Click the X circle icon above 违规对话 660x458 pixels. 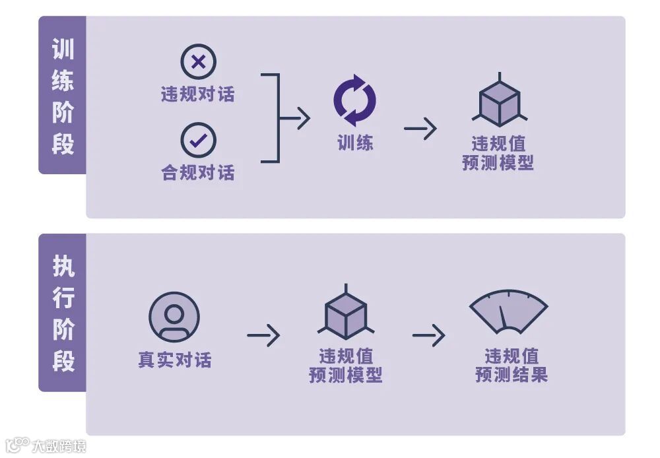pyautogui.click(x=198, y=63)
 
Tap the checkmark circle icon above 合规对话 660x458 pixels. pyautogui.click(x=198, y=140)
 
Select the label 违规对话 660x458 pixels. pyautogui.click(x=198, y=94)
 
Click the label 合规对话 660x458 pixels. pyautogui.click(x=198, y=173)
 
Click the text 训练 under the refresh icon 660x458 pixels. pyautogui.click(x=355, y=143)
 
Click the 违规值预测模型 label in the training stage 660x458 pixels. pyautogui.click(x=498, y=153)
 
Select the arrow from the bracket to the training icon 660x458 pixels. pyautogui.click(x=295, y=119)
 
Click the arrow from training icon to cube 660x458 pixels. pyautogui.click(x=420, y=128)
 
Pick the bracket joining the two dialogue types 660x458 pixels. pyautogui.click(x=272, y=118)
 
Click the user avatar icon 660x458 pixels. pyautogui.click(x=174, y=316)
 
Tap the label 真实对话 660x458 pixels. pyautogui.click(x=174, y=360)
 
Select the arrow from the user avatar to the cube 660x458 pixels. pyautogui.click(x=263, y=336)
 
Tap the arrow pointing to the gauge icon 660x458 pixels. pyautogui.click(x=429, y=336)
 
